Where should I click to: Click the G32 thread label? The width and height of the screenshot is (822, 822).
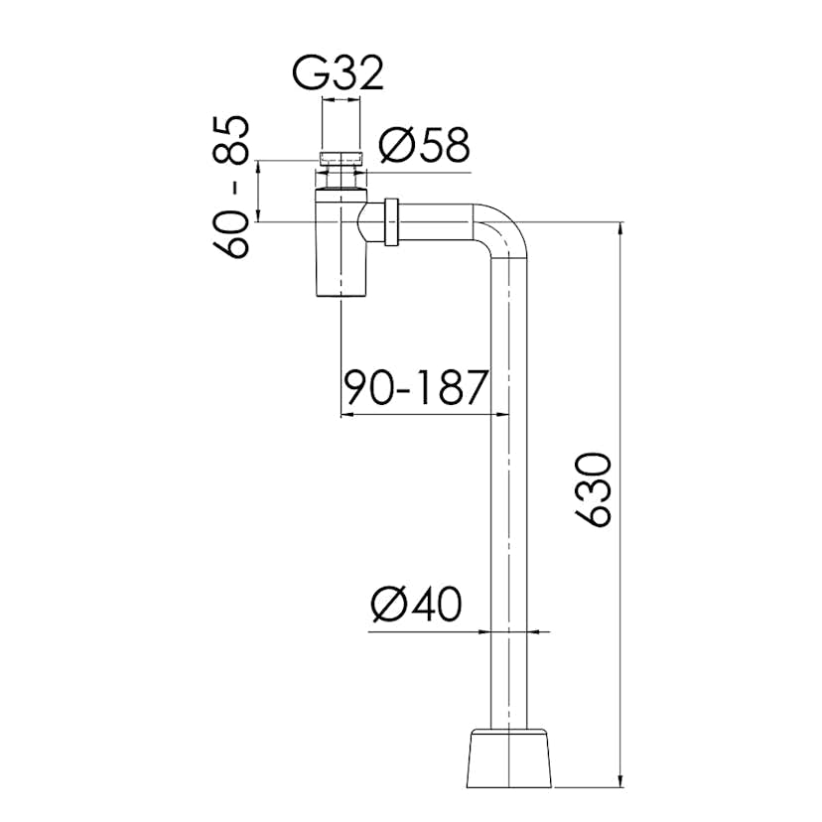click(339, 72)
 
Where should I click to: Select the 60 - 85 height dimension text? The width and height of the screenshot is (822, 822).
click(234, 187)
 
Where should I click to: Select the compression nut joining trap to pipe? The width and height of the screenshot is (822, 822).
click(390, 222)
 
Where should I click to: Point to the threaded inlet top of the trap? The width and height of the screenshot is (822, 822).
click(341, 157)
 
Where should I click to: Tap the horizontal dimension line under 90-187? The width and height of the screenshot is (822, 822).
click(416, 414)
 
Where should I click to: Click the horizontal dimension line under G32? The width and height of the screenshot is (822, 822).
click(341, 100)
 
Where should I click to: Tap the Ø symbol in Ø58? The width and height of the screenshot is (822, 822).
click(392, 146)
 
